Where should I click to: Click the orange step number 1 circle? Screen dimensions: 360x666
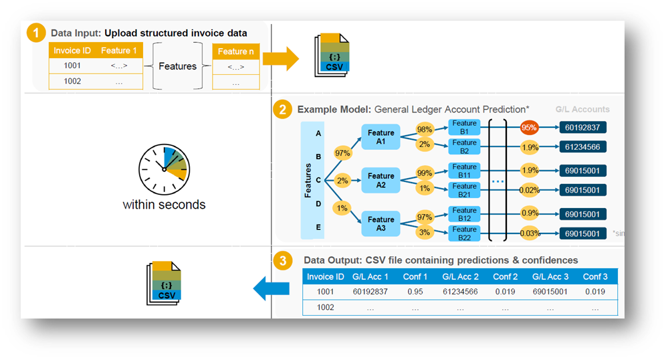37,33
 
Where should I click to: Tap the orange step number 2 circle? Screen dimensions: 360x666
284,108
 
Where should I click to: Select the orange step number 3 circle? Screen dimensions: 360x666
284,259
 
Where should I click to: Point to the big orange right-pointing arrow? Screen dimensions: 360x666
280,59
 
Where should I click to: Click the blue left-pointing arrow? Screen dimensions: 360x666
271,289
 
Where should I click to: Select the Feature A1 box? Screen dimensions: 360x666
380,137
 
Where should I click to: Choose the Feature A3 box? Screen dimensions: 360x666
380,223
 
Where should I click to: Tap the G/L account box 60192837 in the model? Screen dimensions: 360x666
584,128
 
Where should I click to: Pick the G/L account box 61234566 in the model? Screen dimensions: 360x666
584,147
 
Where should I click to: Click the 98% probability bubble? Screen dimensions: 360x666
424,128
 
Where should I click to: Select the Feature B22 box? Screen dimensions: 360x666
464,233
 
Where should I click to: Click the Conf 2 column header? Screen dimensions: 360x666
505,277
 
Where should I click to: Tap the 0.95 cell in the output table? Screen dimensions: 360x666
415,292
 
